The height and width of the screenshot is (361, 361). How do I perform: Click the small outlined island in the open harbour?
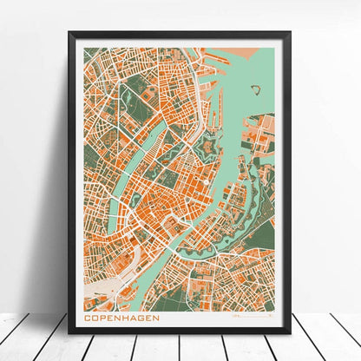[x=255, y=89]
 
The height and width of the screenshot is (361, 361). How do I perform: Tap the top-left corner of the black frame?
[x=70, y=34]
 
